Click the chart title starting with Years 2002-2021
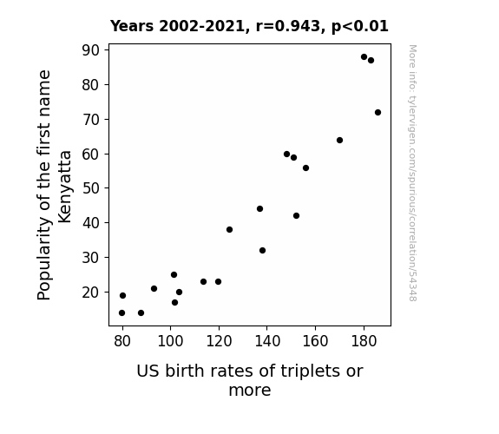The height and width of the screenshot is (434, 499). [249, 26]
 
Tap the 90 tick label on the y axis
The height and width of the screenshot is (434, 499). [91, 50]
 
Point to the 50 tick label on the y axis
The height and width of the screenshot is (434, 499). [91, 188]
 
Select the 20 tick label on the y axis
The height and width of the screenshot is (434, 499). [91, 292]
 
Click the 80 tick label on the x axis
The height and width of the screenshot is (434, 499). [122, 341]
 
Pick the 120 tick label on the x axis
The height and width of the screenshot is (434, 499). [219, 341]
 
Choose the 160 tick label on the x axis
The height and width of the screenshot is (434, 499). [315, 341]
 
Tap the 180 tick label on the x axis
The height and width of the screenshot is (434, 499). [364, 341]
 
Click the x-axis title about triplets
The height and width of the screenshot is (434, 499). [250, 380]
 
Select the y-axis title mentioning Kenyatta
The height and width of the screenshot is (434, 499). [54, 185]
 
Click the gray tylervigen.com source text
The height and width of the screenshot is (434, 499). [412, 173]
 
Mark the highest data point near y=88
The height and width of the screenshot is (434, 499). [364, 57]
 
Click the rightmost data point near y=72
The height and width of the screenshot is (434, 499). [378, 112]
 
